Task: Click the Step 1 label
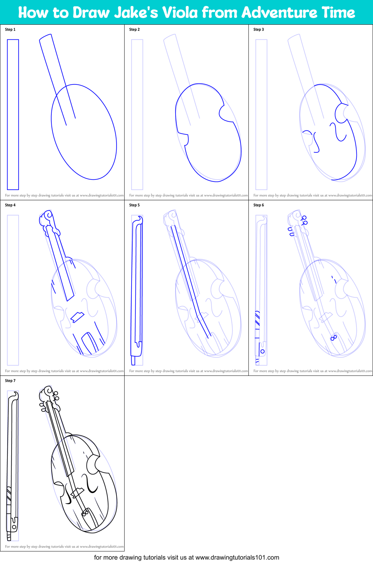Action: click(x=10, y=30)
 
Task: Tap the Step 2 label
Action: click(x=134, y=30)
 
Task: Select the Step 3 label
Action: click(x=259, y=30)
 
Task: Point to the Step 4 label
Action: click(x=10, y=205)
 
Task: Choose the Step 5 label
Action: click(x=134, y=205)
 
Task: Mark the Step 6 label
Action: click(x=259, y=205)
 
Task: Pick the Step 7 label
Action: click(x=10, y=381)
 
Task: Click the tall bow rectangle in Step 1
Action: click(x=13, y=114)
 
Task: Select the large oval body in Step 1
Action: click(x=84, y=132)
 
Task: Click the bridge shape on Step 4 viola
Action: click(x=77, y=317)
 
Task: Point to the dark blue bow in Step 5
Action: click(x=137, y=289)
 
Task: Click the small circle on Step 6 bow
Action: click(x=263, y=351)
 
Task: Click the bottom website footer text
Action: click(x=186, y=557)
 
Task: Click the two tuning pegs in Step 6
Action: click(x=304, y=220)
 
